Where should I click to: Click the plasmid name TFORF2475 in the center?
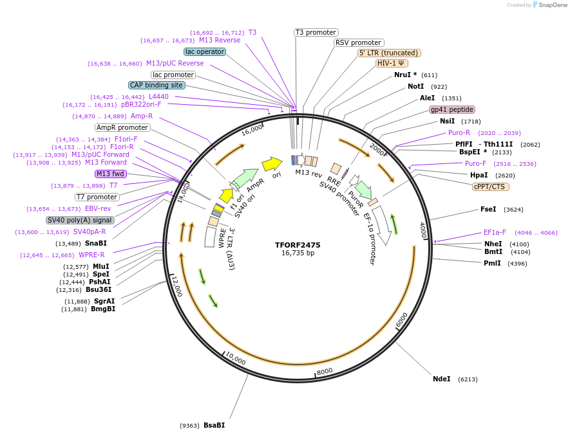click(298, 244)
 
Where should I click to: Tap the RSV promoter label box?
click(359, 42)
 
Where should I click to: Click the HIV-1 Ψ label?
click(392, 63)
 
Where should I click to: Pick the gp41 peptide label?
click(452, 109)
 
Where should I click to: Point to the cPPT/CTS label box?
click(490, 186)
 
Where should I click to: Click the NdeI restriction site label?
click(442, 379)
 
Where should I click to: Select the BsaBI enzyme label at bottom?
click(214, 425)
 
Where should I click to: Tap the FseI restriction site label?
click(488, 209)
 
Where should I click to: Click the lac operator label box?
click(205, 51)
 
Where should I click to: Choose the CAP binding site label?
click(157, 85)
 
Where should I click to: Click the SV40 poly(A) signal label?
click(80, 220)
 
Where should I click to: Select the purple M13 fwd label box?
click(110, 174)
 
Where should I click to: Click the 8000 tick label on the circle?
click(324, 370)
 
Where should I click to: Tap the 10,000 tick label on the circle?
click(236, 360)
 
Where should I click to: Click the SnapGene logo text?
click(552, 5)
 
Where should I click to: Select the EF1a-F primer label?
click(495, 232)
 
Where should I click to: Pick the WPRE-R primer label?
click(91, 255)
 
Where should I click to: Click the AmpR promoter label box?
click(122, 127)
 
